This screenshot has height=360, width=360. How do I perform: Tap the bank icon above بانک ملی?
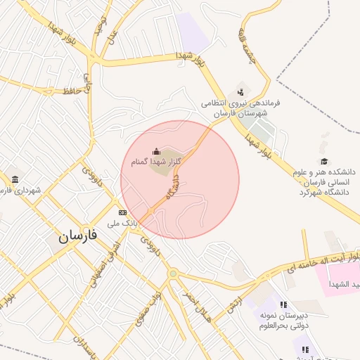pos(122,212)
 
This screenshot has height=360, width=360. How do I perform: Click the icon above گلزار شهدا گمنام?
pos(157,151)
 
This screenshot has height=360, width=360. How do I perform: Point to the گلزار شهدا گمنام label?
pos(156,162)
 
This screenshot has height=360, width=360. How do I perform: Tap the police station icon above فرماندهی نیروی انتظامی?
pos(241,91)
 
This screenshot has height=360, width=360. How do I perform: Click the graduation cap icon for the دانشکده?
pos(324,161)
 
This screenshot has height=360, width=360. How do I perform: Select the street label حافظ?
pos(70,91)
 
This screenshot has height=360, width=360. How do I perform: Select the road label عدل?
pos(112,34)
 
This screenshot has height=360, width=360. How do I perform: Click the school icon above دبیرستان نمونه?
pos(283,304)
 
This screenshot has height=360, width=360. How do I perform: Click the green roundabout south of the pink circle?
pos(172,274)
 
